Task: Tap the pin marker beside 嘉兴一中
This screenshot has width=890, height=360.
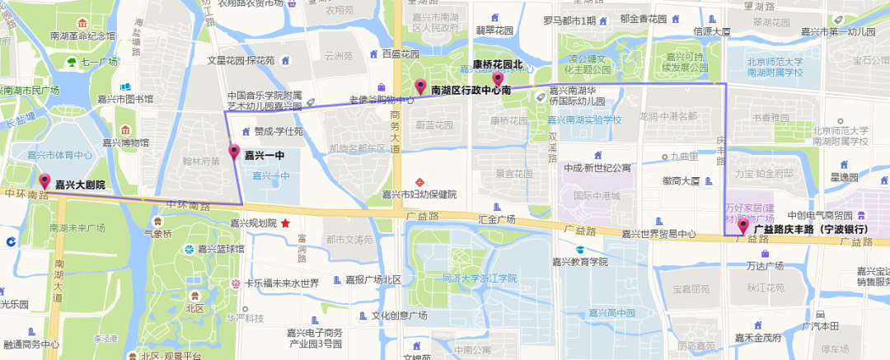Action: pos(234,152)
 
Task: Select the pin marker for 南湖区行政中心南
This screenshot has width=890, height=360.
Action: pos(420,86)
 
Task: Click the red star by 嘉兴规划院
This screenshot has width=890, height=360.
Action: pos(286,222)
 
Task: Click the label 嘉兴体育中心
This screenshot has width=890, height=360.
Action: pos(59,154)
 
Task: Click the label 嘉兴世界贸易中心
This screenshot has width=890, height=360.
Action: pos(658,234)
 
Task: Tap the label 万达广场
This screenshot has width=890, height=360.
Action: pos(764,265)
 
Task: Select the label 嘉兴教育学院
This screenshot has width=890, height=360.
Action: pos(579,261)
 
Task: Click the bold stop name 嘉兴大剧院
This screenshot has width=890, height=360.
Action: pos(80,185)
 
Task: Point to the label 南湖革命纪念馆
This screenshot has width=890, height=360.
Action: pos(82,35)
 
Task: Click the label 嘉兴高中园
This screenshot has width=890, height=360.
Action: pos(611,313)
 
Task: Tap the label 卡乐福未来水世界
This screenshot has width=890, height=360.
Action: pos(280,283)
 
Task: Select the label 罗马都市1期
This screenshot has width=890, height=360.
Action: pos(569,20)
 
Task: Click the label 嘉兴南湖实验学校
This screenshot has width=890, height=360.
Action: pos(585,119)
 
